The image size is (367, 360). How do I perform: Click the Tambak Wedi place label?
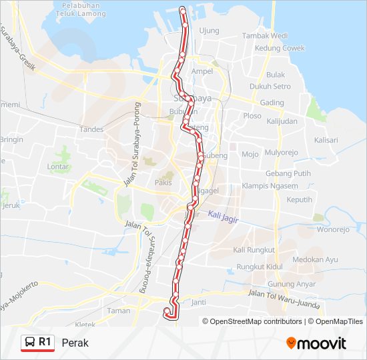point(265,35)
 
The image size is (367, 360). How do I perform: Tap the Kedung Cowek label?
point(280,48)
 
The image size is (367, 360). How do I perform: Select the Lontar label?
point(59,167)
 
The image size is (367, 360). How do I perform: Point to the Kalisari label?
point(326,140)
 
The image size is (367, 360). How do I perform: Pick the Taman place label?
point(119,311)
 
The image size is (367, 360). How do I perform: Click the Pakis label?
point(163,181)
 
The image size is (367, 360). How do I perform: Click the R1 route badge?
point(38,343)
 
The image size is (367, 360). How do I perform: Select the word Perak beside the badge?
point(75,343)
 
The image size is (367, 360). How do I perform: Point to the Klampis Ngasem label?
point(270,186)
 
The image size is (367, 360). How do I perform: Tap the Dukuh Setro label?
point(270,87)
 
